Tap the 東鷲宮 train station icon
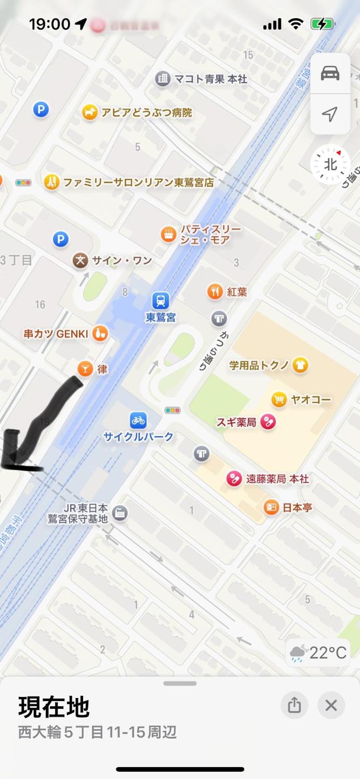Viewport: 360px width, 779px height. tap(161, 301)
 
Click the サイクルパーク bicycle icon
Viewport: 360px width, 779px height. tap(138, 420)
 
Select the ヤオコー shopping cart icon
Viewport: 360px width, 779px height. tap(279, 399)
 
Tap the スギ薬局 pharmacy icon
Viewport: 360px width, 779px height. tap(268, 422)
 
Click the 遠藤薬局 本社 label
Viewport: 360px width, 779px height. tap(277, 479)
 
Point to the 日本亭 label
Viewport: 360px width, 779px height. tap(297, 508)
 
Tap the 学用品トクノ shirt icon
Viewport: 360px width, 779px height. tap(300, 365)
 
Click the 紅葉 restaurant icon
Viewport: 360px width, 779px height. tap(215, 291)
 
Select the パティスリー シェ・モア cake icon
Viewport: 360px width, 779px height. tap(168, 234)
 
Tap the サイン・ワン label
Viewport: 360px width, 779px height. tap(122, 260)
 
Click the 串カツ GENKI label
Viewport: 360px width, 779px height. tap(56, 334)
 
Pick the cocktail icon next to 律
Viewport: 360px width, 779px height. tap(85, 369)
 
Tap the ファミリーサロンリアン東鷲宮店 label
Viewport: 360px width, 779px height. tap(138, 183)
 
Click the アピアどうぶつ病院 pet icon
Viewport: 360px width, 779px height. tap(89, 112)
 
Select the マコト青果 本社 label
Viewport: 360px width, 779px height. tap(210, 79)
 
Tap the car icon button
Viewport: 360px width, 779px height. tap(330, 73)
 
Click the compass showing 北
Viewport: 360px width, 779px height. tap(330, 164)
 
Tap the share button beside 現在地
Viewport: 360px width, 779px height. tap(294, 705)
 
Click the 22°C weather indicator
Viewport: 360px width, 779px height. tap(318, 653)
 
